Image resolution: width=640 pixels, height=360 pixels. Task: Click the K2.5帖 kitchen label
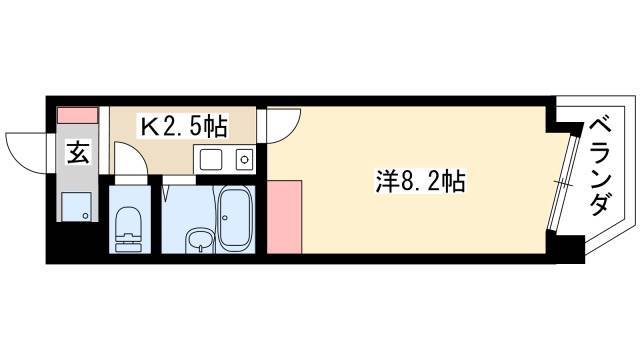[x=184, y=126]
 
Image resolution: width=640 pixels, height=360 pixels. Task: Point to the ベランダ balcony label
[x=600, y=166]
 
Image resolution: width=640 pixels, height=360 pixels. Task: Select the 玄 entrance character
[x=78, y=152]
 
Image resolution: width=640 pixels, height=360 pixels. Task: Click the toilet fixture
[x=128, y=229]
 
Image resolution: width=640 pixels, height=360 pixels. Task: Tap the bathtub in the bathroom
[x=234, y=218]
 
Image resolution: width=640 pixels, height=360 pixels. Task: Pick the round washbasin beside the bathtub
[x=199, y=240]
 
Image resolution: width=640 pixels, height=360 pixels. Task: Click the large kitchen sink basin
[x=211, y=159]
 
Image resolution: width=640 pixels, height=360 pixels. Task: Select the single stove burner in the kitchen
[x=244, y=159]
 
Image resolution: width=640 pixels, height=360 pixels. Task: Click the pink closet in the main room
[x=284, y=218]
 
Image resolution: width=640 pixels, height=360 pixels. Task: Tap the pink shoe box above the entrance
[x=78, y=115]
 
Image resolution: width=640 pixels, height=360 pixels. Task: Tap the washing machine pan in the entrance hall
[x=76, y=206]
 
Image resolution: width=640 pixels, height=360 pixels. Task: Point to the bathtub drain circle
[x=225, y=218]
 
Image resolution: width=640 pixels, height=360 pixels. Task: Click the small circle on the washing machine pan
[x=85, y=215]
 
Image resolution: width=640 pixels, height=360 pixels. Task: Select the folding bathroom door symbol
[x=167, y=193]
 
